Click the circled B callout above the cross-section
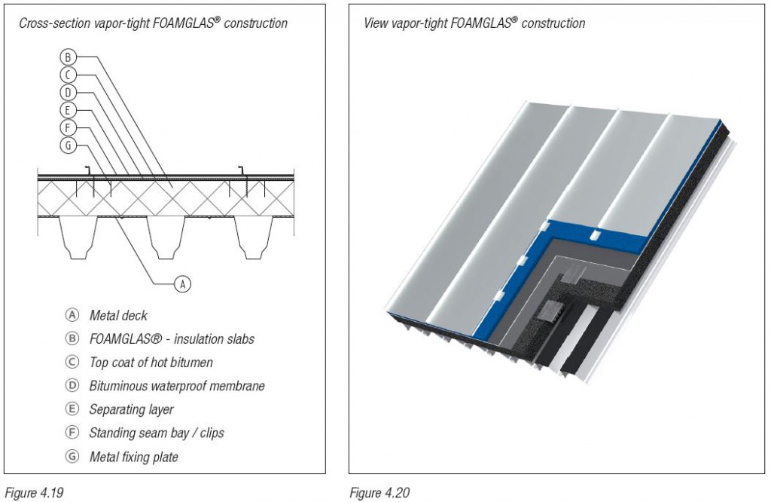(x=67, y=57)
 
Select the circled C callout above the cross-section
(x=67, y=74)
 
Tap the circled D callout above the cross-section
(x=67, y=92)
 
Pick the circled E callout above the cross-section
(x=67, y=110)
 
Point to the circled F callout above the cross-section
(x=67, y=127)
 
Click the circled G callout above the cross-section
(x=67, y=145)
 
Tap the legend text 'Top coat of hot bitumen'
(x=151, y=363)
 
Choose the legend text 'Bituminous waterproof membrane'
(x=177, y=386)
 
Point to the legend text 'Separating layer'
(x=131, y=409)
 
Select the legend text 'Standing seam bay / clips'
(x=156, y=433)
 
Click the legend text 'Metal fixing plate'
(x=133, y=456)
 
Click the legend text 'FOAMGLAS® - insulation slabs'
(x=172, y=339)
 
